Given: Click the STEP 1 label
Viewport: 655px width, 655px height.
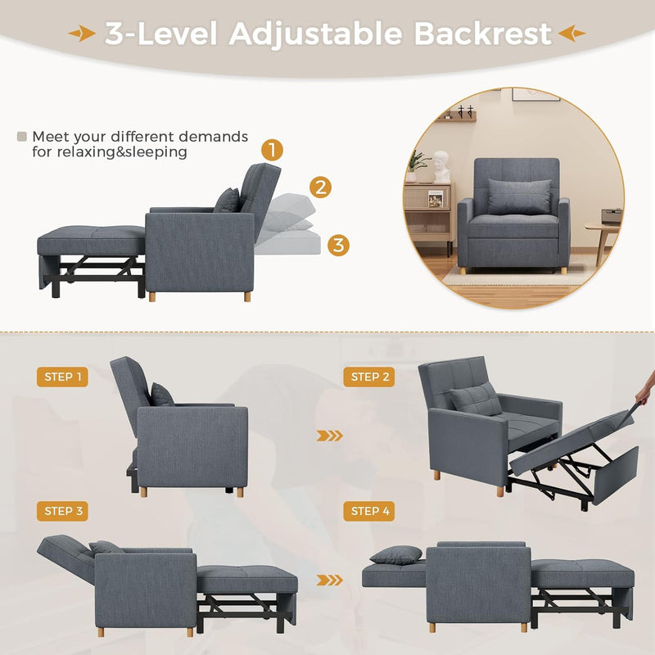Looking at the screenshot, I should pos(61,377).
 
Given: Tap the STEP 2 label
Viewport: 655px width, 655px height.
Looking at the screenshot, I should pos(370,377).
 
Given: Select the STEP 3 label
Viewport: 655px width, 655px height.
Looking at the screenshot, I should pos(61,511).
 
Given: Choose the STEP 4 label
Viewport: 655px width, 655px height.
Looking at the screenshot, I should pos(370,511).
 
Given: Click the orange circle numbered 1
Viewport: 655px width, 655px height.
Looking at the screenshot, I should pos(273,150).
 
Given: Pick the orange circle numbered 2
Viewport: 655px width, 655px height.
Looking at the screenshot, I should pos(320,187).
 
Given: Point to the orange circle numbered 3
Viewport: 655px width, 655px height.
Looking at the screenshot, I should pos(338,244).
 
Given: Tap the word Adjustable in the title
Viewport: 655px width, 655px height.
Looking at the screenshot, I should pos(315,34).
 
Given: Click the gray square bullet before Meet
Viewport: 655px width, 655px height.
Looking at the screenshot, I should pos(22,136).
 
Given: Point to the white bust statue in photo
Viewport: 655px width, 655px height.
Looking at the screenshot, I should pos(441,166).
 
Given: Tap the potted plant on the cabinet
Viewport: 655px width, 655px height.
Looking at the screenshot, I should pos(418,165).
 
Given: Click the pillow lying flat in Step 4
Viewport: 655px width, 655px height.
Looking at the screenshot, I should pos(396,555).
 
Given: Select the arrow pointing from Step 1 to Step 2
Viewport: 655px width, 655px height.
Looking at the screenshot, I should pos(330,436).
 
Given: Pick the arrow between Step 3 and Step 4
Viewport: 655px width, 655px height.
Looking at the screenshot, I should pos(330,580).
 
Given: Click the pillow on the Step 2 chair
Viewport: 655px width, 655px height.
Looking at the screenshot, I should pos(475,399).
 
